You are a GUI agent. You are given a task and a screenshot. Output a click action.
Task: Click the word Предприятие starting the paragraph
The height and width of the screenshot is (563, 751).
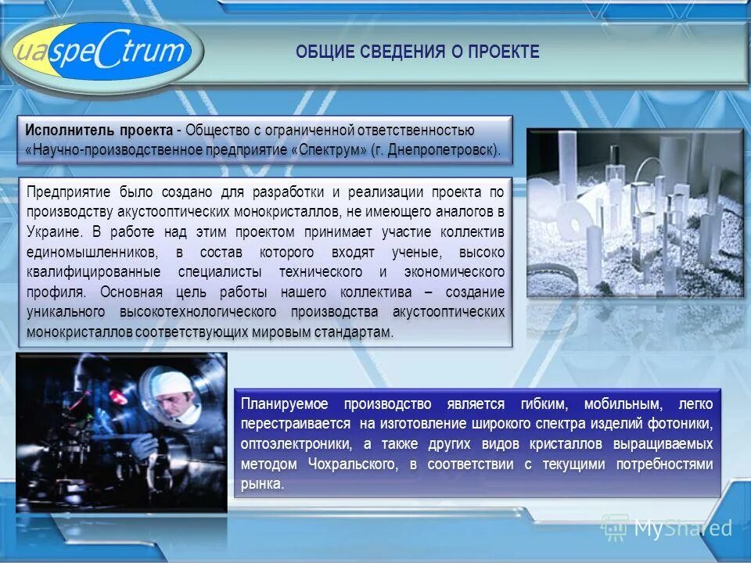tap(70, 192)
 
